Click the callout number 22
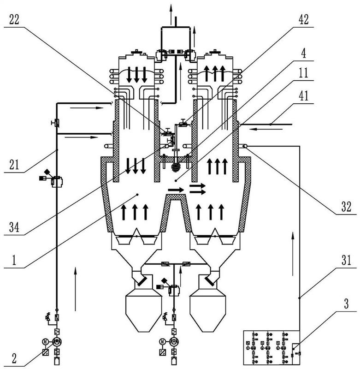point(14,19)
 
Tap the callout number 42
point(304,19)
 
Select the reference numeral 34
point(14,227)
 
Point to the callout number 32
point(346,207)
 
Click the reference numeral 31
point(346,260)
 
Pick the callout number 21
point(14,164)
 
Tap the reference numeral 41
point(304,96)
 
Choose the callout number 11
point(304,73)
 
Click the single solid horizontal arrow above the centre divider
point(176,190)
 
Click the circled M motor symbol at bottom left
point(45,341)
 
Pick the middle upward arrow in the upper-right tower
point(215,73)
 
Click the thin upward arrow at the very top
point(171,15)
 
